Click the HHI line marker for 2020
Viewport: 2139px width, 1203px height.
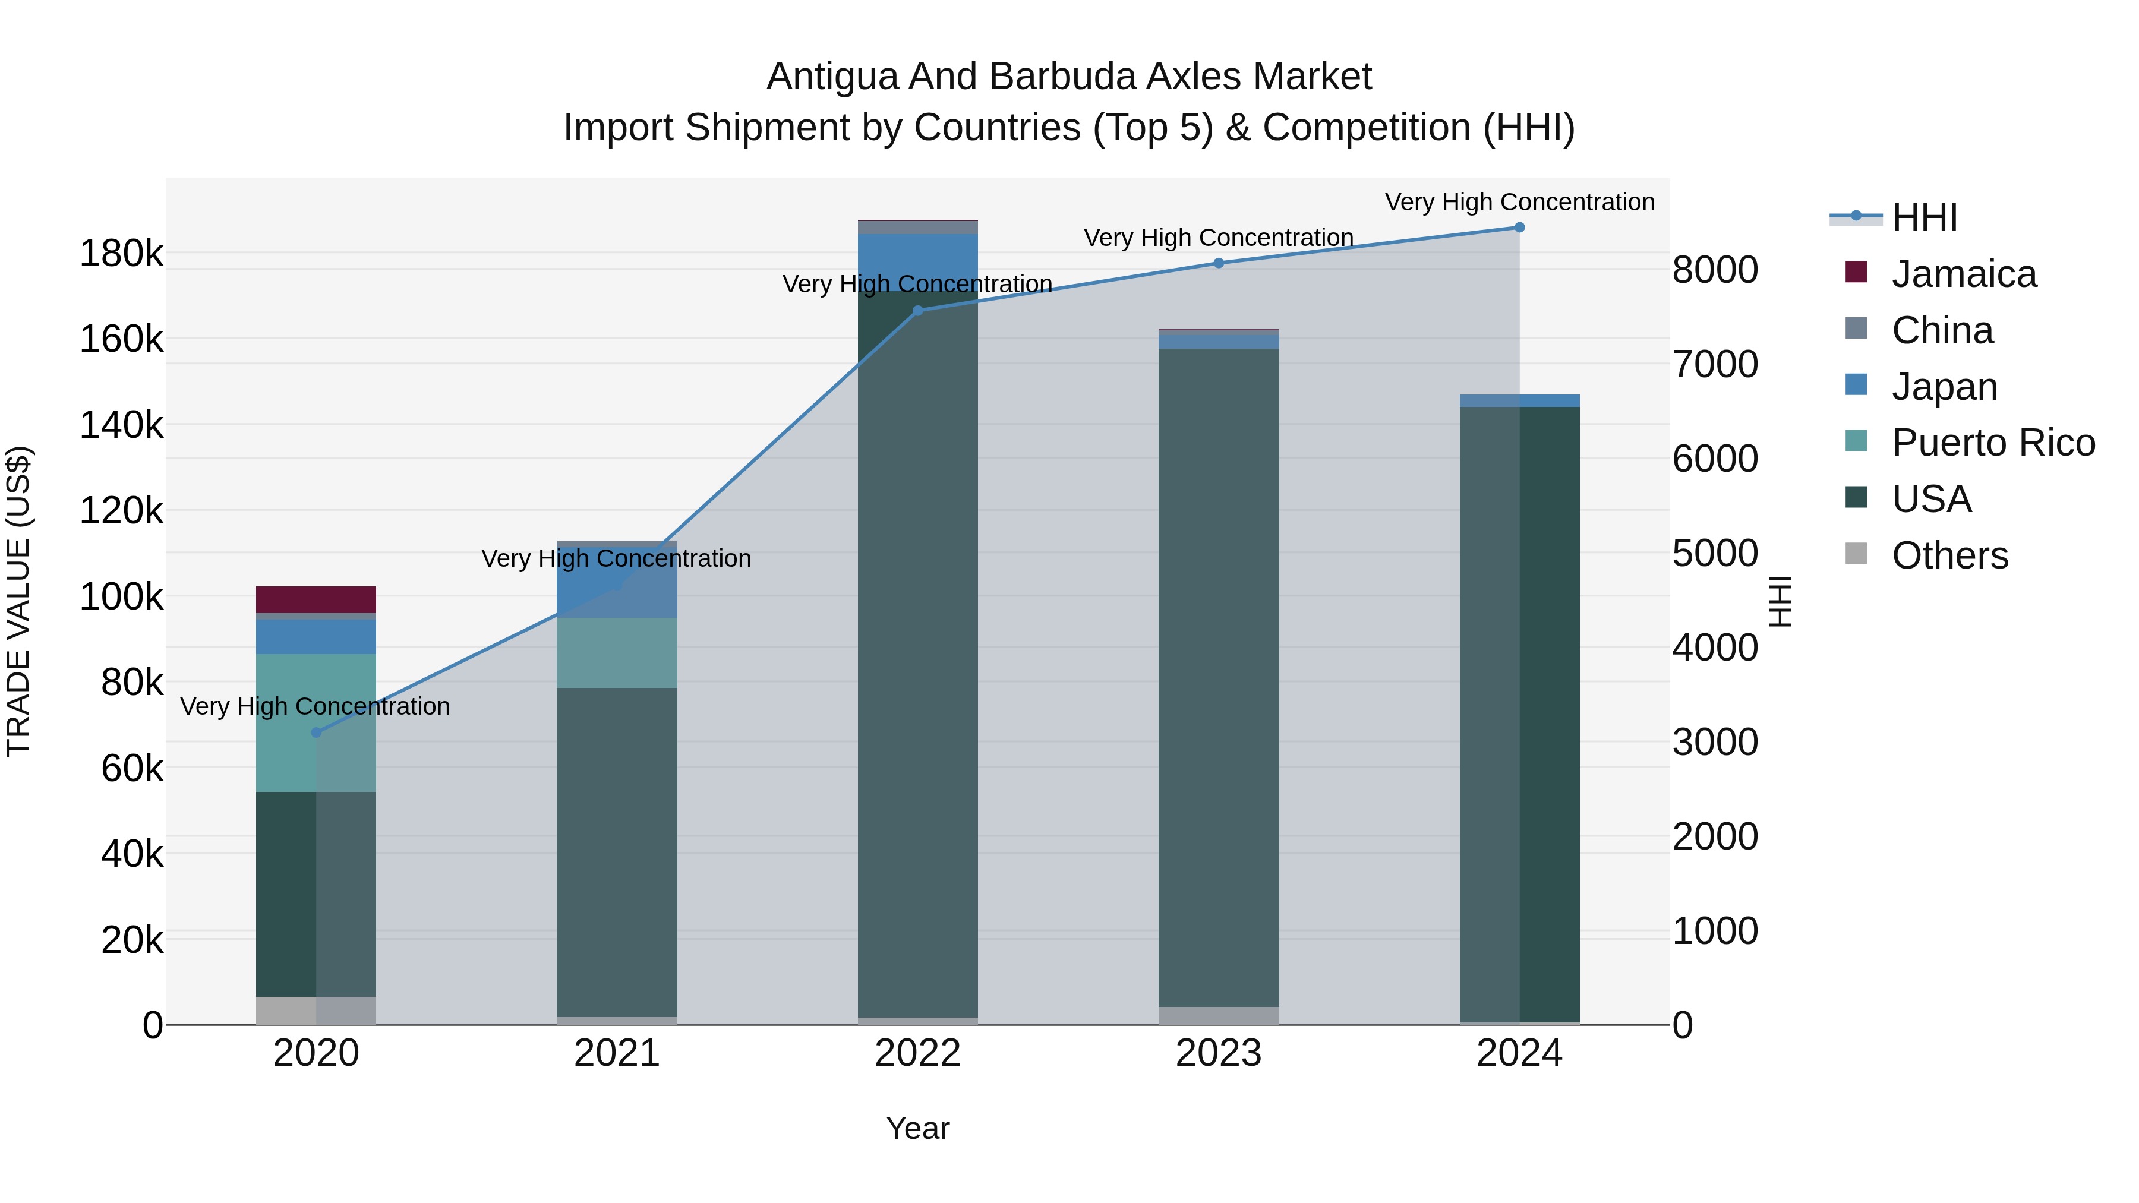(316, 732)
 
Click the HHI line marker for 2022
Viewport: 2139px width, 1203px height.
(917, 311)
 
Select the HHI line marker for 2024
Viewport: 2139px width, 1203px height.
(1519, 228)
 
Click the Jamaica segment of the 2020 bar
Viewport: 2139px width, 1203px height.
(316, 599)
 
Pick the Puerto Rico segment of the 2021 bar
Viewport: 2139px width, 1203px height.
(617, 652)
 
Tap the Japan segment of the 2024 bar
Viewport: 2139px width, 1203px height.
(1519, 401)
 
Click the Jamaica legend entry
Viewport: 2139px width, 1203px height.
(1964, 274)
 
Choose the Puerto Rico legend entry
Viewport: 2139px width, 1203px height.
(1993, 443)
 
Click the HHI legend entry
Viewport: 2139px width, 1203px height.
(1925, 217)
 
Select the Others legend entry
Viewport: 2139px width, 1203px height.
(1949, 555)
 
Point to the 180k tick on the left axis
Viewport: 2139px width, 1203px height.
(121, 253)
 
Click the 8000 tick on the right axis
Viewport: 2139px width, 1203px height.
(1715, 270)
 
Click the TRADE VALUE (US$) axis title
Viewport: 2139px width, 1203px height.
(18, 601)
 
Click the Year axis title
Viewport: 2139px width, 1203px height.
(917, 1128)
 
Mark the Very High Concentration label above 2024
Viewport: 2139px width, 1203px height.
(1519, 202)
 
